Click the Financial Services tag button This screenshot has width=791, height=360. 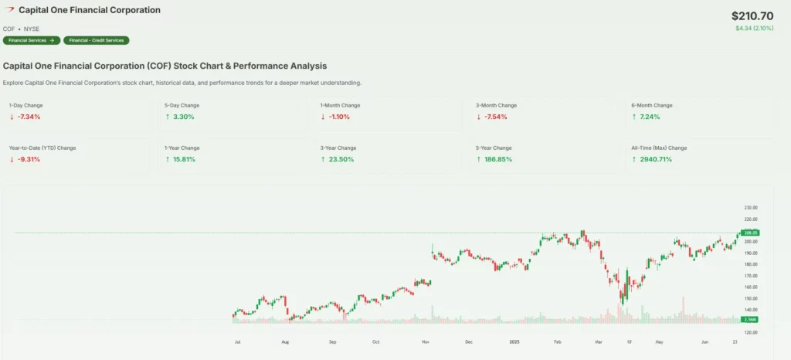coord(31,40)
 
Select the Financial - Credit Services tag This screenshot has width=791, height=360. coord(97,40)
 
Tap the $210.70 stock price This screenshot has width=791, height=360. coord(752,15)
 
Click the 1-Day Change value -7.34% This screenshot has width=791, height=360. coord(29,117)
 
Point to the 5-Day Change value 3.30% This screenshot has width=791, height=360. coord(183,117)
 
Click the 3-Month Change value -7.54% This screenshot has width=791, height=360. coord(495,117)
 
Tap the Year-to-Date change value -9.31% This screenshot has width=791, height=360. coord(29,159)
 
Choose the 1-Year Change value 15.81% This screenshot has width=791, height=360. coord(185,159)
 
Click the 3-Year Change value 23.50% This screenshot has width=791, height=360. coord(341,159)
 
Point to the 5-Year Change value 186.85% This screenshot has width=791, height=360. coord(497,159)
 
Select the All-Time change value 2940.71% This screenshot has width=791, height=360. coord(655,159)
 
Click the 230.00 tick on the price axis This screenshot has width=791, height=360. coord(750,208)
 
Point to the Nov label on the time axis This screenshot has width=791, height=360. coord(425,341)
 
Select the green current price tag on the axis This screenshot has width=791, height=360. coord(750,233)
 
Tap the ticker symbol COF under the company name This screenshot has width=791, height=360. coord(9,29)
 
